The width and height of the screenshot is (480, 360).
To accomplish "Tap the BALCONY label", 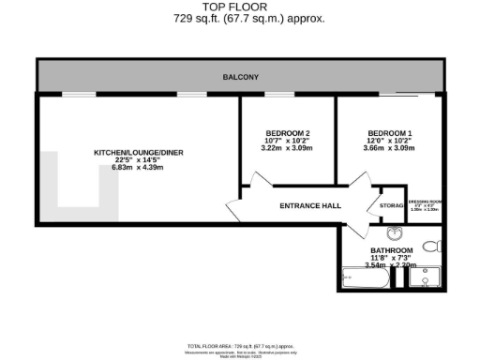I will (x=239, y=76).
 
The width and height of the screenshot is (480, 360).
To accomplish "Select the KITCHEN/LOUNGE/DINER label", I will (x=130, y=152).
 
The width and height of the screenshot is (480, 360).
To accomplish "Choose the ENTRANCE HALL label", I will (x=309, y=206).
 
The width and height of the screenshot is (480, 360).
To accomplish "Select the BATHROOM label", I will (x=391, y=251).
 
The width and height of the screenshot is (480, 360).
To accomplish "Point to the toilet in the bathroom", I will (x=430, y=247).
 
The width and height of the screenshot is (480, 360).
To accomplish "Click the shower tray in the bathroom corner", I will (x=427, y=278).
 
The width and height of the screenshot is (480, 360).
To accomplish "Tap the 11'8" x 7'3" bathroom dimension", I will (x=391, y=259).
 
